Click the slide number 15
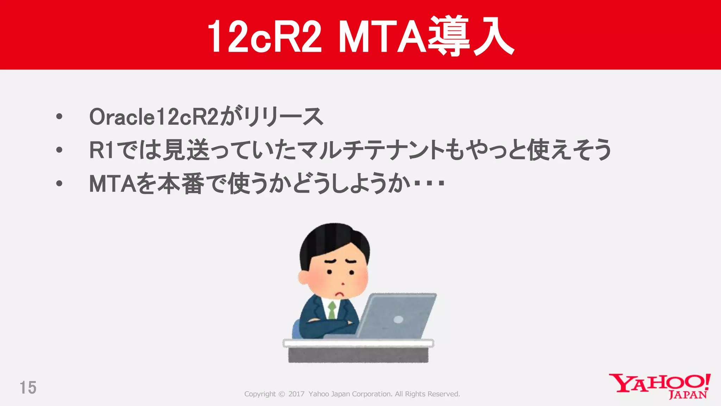[x=28, y=388]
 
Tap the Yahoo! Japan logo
[x=660, y=386]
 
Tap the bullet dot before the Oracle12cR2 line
[x=59, y=117]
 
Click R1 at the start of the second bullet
[x=101, y=150]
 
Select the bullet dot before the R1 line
[x=59, y=150]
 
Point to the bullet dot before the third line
[x=59, y=184]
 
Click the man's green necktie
[x=332, y=310]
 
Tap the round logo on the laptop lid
[x=398, y=320]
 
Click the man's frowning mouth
[x=339, y=294]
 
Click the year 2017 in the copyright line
[x=296, y=394]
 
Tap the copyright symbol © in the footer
[x=282, y=394]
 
